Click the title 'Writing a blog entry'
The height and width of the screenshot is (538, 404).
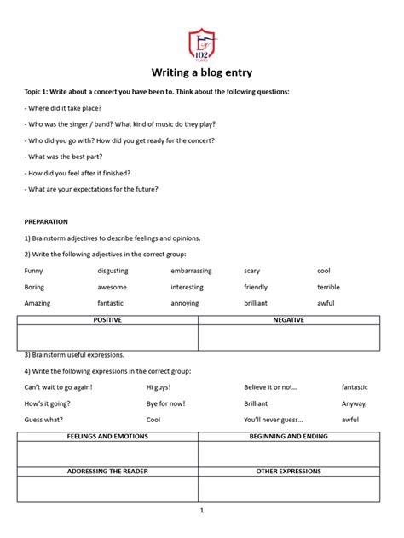click(x=202, y=72)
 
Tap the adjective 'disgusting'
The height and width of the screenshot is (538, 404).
click(x=113, y=271)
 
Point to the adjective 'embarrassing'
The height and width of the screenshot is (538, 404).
click(x=191, y=271)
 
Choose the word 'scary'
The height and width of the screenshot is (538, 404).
click(x=252, y=271)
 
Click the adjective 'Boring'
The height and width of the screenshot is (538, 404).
click(x=34, y=287)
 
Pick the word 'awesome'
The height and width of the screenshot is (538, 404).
click(x=112, y=287)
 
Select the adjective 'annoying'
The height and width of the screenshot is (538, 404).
click(x=184, y=303)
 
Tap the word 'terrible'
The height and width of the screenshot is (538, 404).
click(x=328, y=287)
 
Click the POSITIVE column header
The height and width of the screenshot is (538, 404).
click(x=107, y=320)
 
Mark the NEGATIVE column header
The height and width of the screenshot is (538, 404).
click(x=288, y=320)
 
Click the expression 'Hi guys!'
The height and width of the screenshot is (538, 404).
click(x=159, y=387)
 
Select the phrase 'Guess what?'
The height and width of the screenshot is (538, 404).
click(x=44, y=420)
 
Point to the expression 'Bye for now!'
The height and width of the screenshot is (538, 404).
click(x=165, y=403)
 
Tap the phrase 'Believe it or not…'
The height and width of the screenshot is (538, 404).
click(x=270, y=387)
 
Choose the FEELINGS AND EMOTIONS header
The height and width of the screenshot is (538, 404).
click(x=107, y=437)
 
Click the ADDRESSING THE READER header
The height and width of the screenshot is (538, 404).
click(x=107, y=471)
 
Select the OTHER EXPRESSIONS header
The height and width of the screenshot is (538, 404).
click(x=288, y=471)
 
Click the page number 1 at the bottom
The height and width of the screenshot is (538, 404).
click(x=202, y=511)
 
